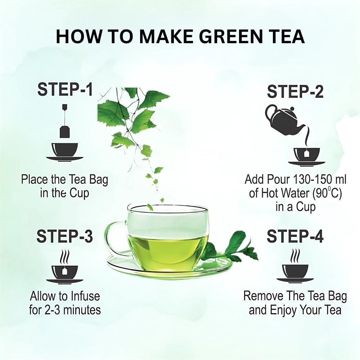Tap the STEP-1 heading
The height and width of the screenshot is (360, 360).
click(x=65, y=89)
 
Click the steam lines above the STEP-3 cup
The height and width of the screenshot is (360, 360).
click(x=65, y=257)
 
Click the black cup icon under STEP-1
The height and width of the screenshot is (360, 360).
click(x=64, y=151)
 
